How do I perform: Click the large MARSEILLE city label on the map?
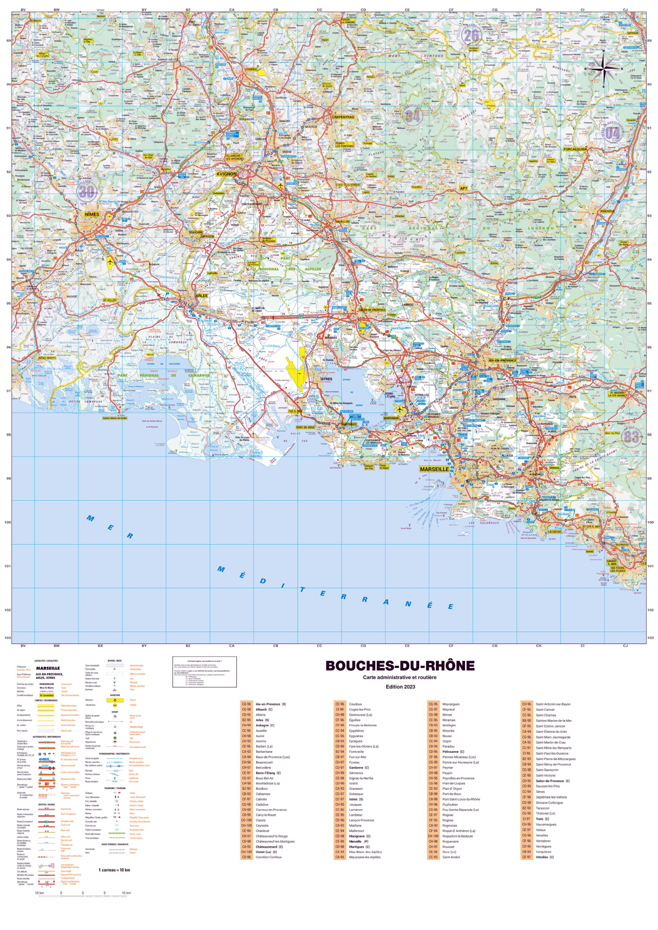coord(434,469)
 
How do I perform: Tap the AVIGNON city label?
coord(226,174)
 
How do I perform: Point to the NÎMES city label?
coord(92,214)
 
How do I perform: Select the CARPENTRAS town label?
coord(343,117)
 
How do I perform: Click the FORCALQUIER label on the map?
coord(575,149)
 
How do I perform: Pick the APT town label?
coord(464,188)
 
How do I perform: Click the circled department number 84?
coord(413,116)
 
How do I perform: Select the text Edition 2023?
coord(400,687)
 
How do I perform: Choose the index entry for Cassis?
coord(261,820)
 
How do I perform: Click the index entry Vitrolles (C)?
coord(545,857)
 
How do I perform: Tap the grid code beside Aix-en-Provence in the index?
coord(246,704)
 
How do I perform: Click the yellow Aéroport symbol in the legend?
coord(115,700)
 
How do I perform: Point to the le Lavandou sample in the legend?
coord(47,695)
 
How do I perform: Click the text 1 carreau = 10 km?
coord(114,870)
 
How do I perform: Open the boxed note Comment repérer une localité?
coord(204,672)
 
